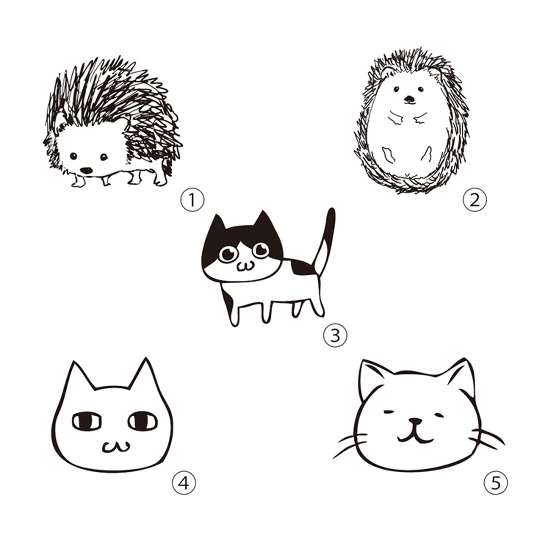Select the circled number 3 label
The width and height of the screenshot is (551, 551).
click(335, 335)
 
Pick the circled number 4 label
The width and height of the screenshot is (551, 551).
click(184, 483)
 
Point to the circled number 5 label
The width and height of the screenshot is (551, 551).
click(496, 483)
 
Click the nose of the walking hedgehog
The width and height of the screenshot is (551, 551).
click(87, 170)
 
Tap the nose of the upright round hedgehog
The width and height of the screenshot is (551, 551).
click(409, 99)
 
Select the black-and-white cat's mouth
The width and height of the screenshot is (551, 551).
click(245, 266)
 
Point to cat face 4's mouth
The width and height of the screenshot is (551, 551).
click(116, 447)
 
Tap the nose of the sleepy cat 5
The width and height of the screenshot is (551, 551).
click(415, 421)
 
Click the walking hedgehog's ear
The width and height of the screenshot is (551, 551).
click(60, 121)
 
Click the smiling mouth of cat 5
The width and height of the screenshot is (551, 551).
click(415, 438)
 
